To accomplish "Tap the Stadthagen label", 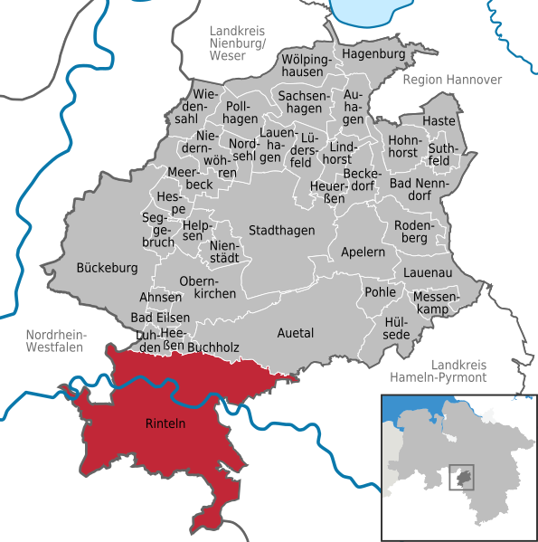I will [282, 231].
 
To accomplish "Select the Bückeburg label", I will [107, 268].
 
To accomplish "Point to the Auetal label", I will [295, 333].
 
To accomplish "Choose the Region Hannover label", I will [452, 80].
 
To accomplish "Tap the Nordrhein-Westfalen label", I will [55, 339].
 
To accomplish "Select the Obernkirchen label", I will [208, 287].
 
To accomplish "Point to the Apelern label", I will [363, 252].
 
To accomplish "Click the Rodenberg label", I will [416, 232].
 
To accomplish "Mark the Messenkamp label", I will [437, 303].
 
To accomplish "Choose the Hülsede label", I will [397, 328].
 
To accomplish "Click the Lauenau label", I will [428, 272].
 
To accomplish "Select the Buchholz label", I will [217, 346].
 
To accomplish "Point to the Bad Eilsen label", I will [160, 318].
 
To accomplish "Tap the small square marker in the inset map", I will [462, 477].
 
